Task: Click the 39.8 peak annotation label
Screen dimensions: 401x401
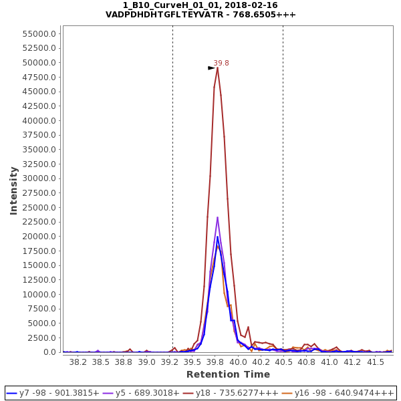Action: (x=221, y=63)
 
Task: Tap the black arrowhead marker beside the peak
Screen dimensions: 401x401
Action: (x=211, y=68)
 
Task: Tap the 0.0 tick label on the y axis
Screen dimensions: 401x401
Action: (x=49, y=352)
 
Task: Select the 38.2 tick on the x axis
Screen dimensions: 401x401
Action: (x=78, y=362)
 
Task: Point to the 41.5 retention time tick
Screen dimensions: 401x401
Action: (x=375, y=362)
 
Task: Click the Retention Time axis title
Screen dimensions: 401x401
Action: (x=228, y=374)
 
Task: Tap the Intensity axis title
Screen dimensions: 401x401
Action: (x=13, y=190)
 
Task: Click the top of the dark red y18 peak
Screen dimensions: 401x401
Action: (x=217, y=67)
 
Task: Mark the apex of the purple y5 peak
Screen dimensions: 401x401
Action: (x=217, y=217)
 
